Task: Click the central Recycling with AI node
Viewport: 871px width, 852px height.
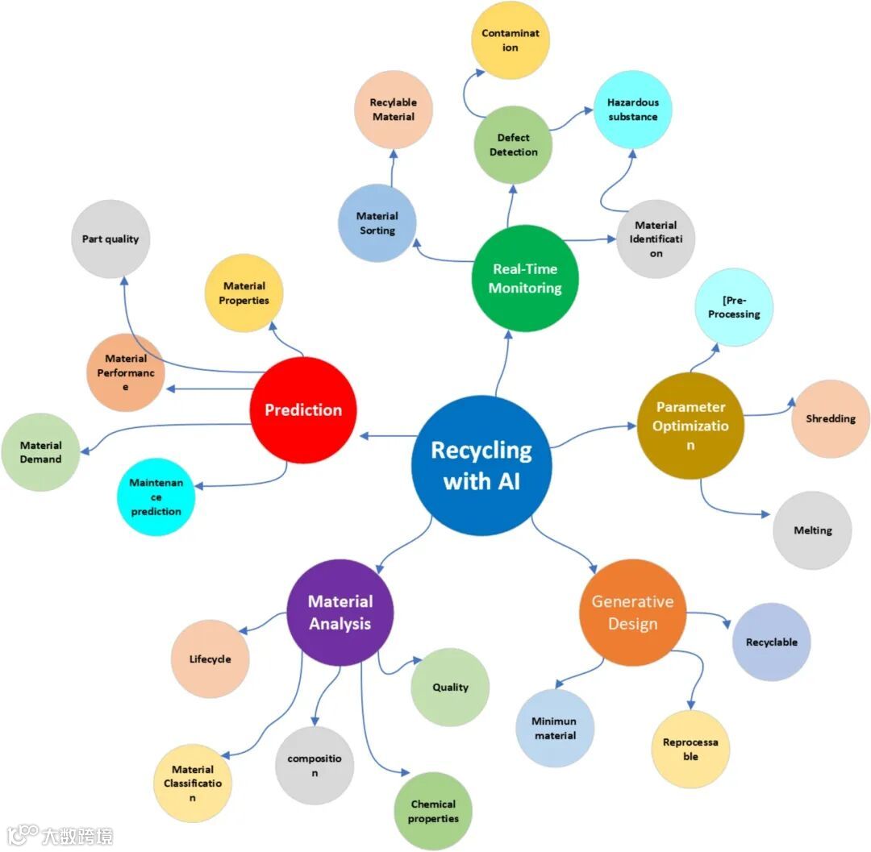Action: (481, 465)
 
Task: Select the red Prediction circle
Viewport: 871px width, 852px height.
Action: (302, 409)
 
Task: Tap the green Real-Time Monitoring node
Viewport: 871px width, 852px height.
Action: (525, 278)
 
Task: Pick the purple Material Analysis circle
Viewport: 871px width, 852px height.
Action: (340, 613)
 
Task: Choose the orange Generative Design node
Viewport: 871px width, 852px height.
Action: (632, 613)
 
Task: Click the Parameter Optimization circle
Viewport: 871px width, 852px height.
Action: (690, 425)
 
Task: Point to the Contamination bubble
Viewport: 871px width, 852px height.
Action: (511, 40)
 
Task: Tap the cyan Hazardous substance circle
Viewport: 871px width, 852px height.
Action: (633, 110)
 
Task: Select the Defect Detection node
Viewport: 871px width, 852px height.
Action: (513, 144)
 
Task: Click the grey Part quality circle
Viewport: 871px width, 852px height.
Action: (110, 239)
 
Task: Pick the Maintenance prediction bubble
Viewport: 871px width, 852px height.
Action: (156, 497)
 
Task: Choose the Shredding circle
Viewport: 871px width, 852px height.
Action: (830, 419)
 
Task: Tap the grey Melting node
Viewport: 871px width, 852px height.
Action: (812, 530)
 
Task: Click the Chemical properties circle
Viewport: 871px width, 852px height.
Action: (433, 811)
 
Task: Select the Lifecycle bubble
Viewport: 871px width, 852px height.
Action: (210, 659)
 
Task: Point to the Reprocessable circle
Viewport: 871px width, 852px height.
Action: (690, 749)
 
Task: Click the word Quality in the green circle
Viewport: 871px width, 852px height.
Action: (450, 687)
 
